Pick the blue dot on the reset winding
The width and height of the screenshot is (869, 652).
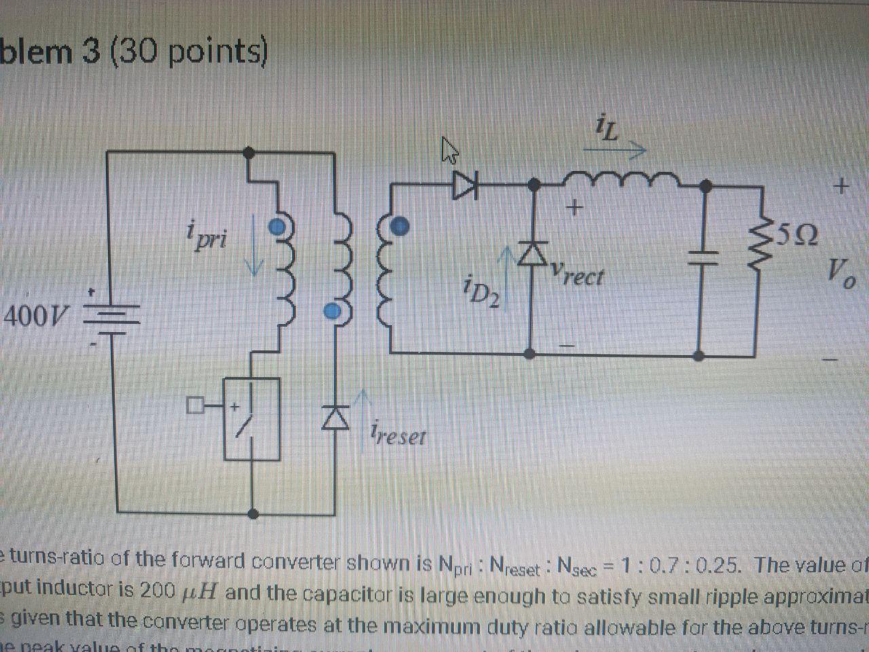(331, 311)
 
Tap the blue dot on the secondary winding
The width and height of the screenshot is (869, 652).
(401, 226)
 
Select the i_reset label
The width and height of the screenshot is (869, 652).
(399, 433)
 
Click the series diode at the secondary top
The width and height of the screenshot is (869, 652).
(466, 183)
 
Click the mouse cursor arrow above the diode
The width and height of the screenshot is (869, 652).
(449, 151)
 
